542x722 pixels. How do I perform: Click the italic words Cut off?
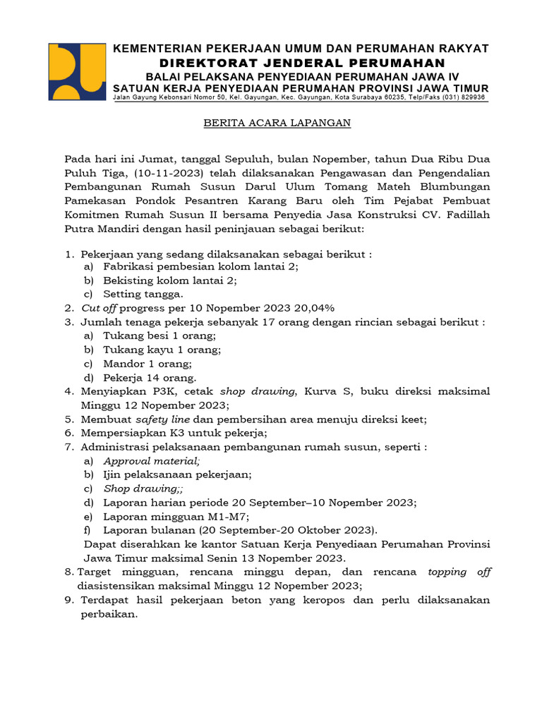99,308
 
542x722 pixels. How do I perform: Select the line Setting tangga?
143,294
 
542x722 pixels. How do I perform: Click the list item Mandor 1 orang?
147,364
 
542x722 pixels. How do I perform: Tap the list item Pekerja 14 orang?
150,377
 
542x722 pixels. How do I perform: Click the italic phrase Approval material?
151,460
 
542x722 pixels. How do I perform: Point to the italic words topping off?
459,572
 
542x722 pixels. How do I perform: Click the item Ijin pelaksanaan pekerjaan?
177,475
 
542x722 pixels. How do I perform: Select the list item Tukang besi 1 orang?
159,336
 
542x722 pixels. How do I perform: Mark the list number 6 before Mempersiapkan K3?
69,433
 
